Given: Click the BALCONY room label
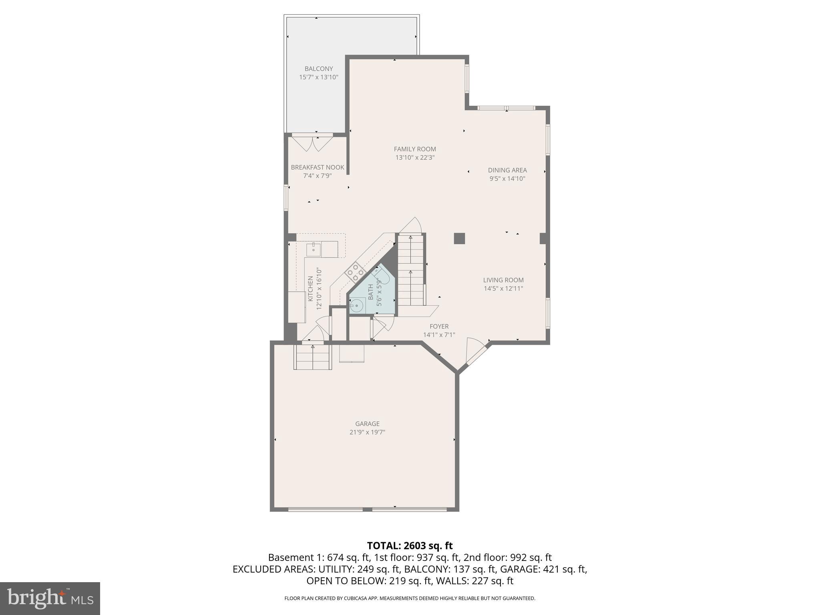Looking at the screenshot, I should pos(318,69).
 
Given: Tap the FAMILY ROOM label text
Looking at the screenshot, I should pos(415,149).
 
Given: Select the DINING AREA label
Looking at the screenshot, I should pos(507,170).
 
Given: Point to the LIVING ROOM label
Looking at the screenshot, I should pos(503,280).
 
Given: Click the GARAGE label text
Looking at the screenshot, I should pos(367,424).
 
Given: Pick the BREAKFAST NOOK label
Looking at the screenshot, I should pos(318,167).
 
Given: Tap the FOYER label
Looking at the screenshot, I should pos(439,326).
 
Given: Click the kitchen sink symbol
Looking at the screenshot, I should pos(314,249).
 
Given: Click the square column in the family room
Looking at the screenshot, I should pos(459,239).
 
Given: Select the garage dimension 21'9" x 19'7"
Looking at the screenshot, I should pos(367,432).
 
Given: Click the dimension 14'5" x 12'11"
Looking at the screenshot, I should pos(503,289).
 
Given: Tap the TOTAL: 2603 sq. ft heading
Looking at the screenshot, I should pos(410,545).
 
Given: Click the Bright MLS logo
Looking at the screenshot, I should pos(50,598).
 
